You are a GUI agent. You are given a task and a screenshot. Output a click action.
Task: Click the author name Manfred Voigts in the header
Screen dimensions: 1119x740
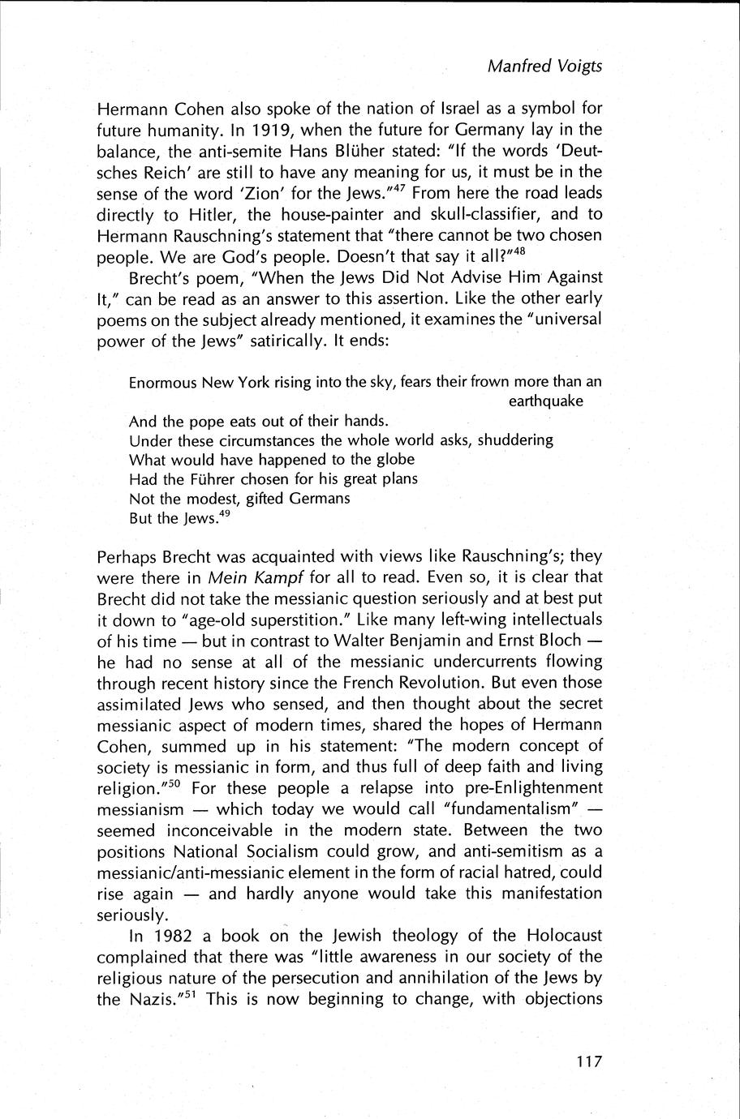[x=544, y=66]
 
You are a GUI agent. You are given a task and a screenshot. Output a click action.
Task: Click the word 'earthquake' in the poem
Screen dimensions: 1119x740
[x=546, y=401]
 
